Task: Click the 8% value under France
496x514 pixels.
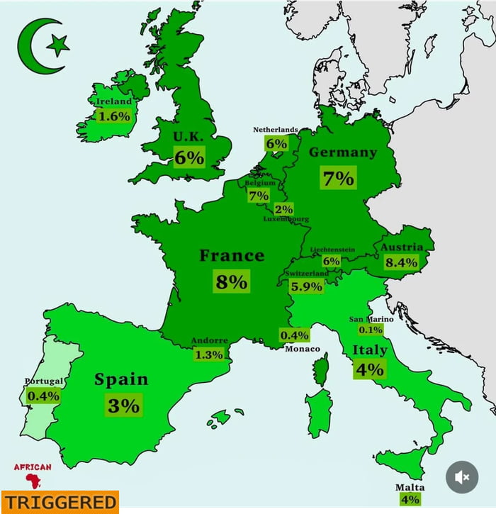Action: [x=231, y=281]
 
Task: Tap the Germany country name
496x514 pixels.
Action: [x=342, y=152]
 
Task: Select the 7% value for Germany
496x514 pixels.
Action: [x=337, y=178]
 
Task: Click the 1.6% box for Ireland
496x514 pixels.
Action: [x=113, y=116]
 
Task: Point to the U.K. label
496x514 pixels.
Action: [x=188, y=135]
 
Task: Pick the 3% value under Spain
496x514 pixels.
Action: [x=123, y=406]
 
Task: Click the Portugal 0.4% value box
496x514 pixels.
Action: [x=43, y=396]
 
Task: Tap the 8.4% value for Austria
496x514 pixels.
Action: [x=402, y=262]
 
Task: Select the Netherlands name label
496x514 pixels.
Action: [x=276, y=130]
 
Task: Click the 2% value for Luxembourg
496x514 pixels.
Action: [x=283, y=209]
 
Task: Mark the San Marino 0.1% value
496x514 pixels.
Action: [x=370, y=330]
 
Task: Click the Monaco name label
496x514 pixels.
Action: [x=303, y=349]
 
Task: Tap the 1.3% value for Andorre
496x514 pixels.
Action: [x=208, y=354]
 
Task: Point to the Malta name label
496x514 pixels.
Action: [x=410, y=488]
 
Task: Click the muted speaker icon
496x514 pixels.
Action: [x=461, y=477]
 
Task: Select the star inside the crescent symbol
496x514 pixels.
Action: [x=57, y=46]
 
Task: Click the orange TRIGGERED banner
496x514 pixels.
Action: [x=59, y=502]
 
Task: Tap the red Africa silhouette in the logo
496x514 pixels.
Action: [x=33, y=481]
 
